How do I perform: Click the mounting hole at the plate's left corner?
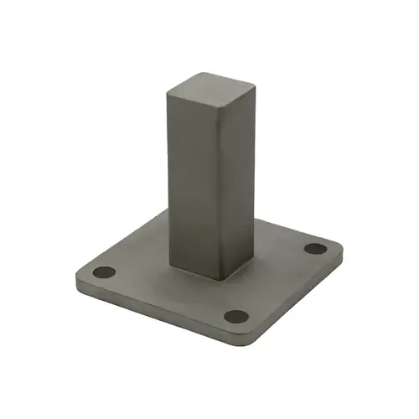point(105,273)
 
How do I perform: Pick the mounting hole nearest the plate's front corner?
point(237,318)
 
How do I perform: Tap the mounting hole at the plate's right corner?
point(314,248)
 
